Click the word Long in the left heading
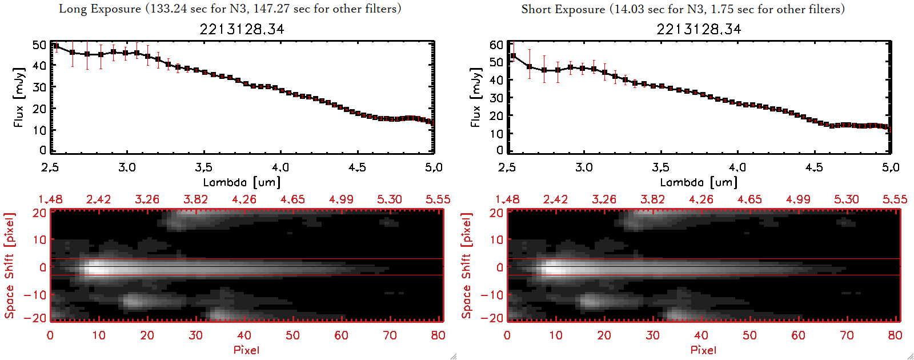point(72,9)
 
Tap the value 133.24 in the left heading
point(171,9)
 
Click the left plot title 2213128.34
point(242,29)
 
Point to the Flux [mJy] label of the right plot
point(475,97)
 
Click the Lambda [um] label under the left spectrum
point(242,182)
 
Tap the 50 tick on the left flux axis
point(39,45)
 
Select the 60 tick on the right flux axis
point(496,45)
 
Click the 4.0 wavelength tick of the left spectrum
point(280,167)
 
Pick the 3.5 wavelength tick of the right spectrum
point(660,167)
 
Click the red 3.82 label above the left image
point(195,199)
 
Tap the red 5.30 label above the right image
point(846,199)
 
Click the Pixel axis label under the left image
point(246,350)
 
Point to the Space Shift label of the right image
point(466,266)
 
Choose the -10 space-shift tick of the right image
point(492,295)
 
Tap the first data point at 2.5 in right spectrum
point(513,56)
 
